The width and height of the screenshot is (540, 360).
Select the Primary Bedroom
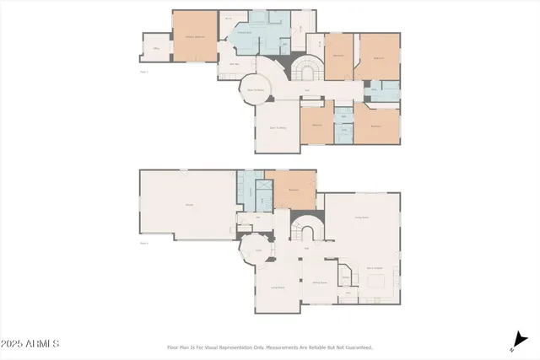coord(195,35)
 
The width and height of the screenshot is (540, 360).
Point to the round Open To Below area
coord(256,87)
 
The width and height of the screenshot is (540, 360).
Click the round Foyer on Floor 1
coord(259,250)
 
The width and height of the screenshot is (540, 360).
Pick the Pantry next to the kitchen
coord(345,278)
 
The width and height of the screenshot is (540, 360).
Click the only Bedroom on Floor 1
coord(293,190)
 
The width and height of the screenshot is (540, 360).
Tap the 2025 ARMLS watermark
coord(30,344)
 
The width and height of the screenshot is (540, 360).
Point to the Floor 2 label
coord(143,72)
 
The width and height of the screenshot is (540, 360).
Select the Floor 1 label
coord(143,243)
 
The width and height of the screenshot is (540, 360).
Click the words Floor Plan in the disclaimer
coord(176,347)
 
